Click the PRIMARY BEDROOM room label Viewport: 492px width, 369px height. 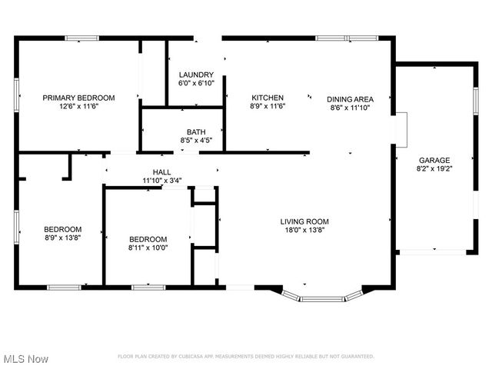pyautogui.click(x=78, y=98)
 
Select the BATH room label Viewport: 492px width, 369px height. pyautogui.click(x=196, y=132)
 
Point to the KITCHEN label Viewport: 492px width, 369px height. pyautogui.click(x=268, y=98)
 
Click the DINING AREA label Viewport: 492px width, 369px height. pyautogui.click(x=350, y=98)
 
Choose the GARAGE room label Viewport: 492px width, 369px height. pyautogui.click(x=434, y=160)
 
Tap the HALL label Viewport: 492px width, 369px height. pyautogui.click(x=161, y=172)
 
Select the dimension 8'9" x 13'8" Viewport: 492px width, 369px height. pyautogui.click(x=62, y=238)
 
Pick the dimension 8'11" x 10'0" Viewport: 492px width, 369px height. pyautogui.click(x=148, y=248)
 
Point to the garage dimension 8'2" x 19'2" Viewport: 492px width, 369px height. pyautogui.click(x=434, y=168)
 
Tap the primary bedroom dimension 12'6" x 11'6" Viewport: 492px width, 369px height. pyautogui.click(x=78, y=106)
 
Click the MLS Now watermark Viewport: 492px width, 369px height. pyautogui.click(x=26, y=359)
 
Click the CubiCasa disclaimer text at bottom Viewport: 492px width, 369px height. pyautogui.click(x=245, y=357)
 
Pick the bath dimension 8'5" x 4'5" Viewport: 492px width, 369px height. pyautogui.click(x=196, y=141)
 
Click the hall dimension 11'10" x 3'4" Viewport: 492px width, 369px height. pyautogui.click(x=161, y=181)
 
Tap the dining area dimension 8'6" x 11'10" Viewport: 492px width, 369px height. pyautogui.click(x=350, y=107)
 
